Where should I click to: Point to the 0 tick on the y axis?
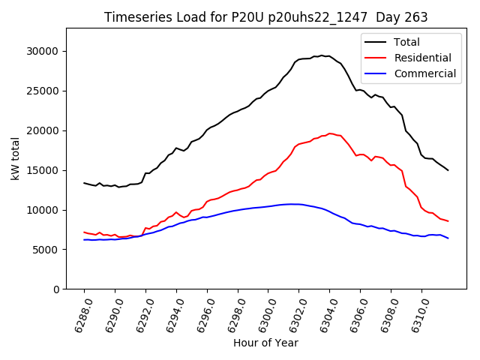coord(55,289)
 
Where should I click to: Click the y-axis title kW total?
coord(15,159)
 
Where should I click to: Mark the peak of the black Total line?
coord(322,55)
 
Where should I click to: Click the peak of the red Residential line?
coord(329,133)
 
